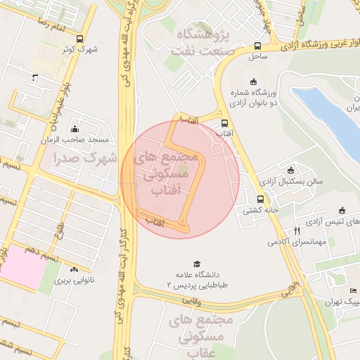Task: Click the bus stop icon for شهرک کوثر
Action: [79, 39]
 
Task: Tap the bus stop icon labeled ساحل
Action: [257, 46]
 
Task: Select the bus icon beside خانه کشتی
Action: [260, 199]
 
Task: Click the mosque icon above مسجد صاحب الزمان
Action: [75, 129]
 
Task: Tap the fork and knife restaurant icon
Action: [297, 231]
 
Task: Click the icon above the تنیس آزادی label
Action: [342, 210]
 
